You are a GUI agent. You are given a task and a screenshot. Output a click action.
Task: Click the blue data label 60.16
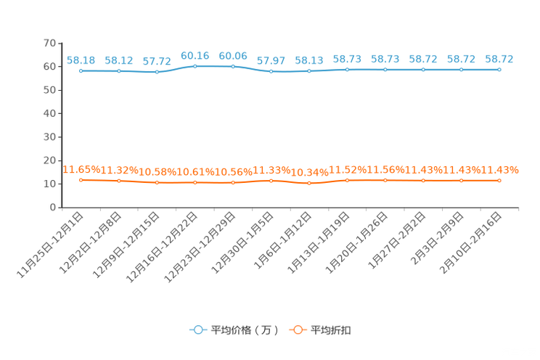[x=195, y=56]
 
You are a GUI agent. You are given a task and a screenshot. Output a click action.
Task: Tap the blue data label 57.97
[x=271, y=61]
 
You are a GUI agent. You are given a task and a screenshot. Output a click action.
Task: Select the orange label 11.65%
[x=81, y=170]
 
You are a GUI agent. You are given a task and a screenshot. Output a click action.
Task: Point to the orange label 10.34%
[x=310, y=172]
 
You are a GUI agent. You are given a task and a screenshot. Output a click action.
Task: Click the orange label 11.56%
[x=385, y=170]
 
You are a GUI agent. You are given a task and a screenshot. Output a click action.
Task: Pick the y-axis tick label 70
[x=49, y=43]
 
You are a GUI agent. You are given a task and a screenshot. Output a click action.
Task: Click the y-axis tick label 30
[x=49, y=137]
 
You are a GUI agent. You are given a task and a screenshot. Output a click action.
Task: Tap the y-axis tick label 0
[x=53, y=208]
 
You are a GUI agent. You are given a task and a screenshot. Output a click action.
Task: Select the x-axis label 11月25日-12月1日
[x=50, y=245]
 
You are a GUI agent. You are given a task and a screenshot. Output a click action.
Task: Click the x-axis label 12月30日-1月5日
[x=242, y=243]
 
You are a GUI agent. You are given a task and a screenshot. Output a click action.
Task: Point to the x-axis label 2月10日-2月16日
[x=470, y=243]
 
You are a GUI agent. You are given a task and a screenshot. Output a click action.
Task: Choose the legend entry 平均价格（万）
[x=234, y=330]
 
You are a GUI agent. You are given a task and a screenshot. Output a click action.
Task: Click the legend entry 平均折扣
[x=320, y=330]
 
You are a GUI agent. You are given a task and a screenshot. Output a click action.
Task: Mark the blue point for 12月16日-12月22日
[x=195, y=66]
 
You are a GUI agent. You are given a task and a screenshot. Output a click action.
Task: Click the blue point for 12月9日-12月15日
[x=157, y=72]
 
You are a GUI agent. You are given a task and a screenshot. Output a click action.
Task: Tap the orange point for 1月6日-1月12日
[x=309, y=184]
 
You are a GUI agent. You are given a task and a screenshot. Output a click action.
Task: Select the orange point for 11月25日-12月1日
[x=81, y=180]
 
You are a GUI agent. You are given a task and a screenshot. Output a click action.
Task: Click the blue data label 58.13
[x=309, y=61]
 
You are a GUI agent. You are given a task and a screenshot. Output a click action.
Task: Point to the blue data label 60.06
[x=233, y=56]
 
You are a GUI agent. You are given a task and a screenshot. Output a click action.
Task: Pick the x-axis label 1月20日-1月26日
[x=356, y=243]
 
